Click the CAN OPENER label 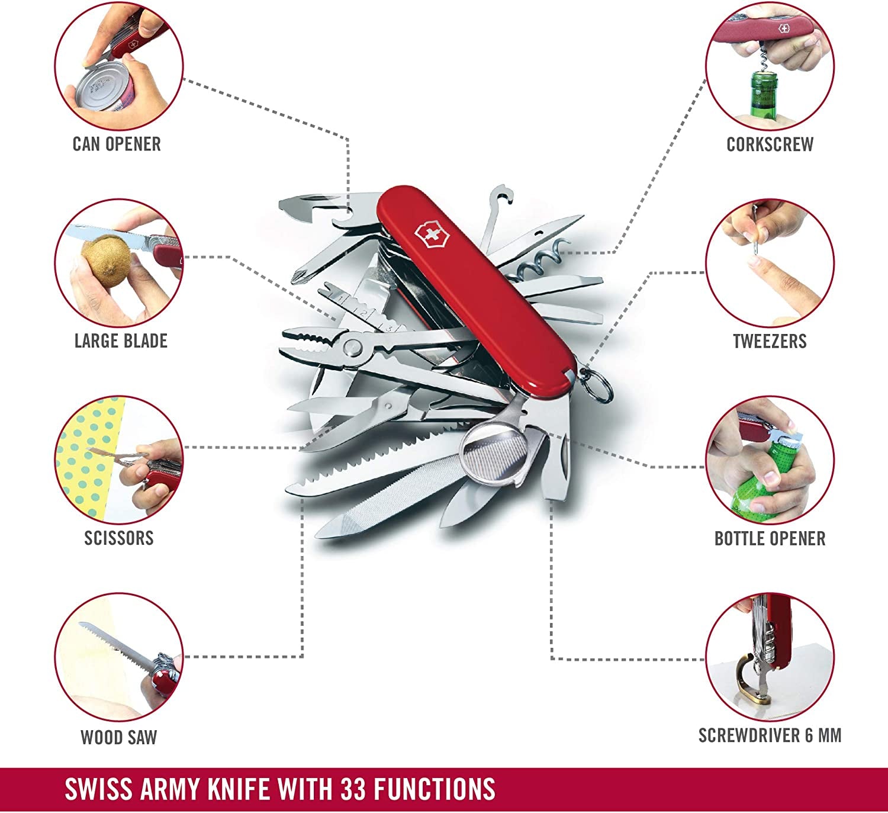click(x=117, y=144)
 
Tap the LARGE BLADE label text click(x=121, y=341)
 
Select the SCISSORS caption click(x=119, y=538)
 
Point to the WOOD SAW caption click(x=119, y=737)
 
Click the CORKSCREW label click(x=770, y=144)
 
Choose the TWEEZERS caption click(x=770, y=341)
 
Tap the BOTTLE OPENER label click(x=770, y=538)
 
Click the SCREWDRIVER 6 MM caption click(x=770, y=735)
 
